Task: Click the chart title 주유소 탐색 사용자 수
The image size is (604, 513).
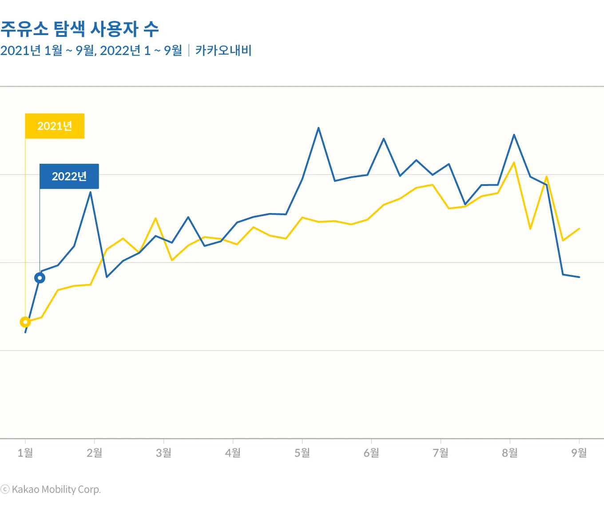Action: point(79,29)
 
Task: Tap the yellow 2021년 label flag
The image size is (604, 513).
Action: point(55,126)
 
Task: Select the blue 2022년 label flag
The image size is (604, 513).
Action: point(69,176)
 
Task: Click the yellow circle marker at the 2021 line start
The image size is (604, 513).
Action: point(25,322)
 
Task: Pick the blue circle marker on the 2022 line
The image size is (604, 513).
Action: point(40,278)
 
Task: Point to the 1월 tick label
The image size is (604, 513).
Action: point(25,453)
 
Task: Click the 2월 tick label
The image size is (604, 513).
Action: point(95,453)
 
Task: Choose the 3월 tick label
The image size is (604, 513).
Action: point(164,453)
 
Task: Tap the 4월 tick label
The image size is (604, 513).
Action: point(233,453)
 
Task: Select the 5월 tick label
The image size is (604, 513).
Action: point(302,453)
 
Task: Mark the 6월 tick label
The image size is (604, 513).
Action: point(372,453)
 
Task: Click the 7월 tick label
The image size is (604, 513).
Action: point(441,453)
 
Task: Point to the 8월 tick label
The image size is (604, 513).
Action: point(510,453)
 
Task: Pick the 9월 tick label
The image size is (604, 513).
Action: point(579,453)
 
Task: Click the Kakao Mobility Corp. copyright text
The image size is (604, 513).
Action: point(51,489)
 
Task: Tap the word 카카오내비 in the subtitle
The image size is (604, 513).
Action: point(223,51)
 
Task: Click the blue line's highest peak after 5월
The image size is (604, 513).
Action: point(318,128)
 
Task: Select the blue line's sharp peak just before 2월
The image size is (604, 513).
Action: point(91,192)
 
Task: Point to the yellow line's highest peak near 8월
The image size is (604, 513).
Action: point(514,162)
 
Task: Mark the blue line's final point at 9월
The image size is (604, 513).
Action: point(579,277)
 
